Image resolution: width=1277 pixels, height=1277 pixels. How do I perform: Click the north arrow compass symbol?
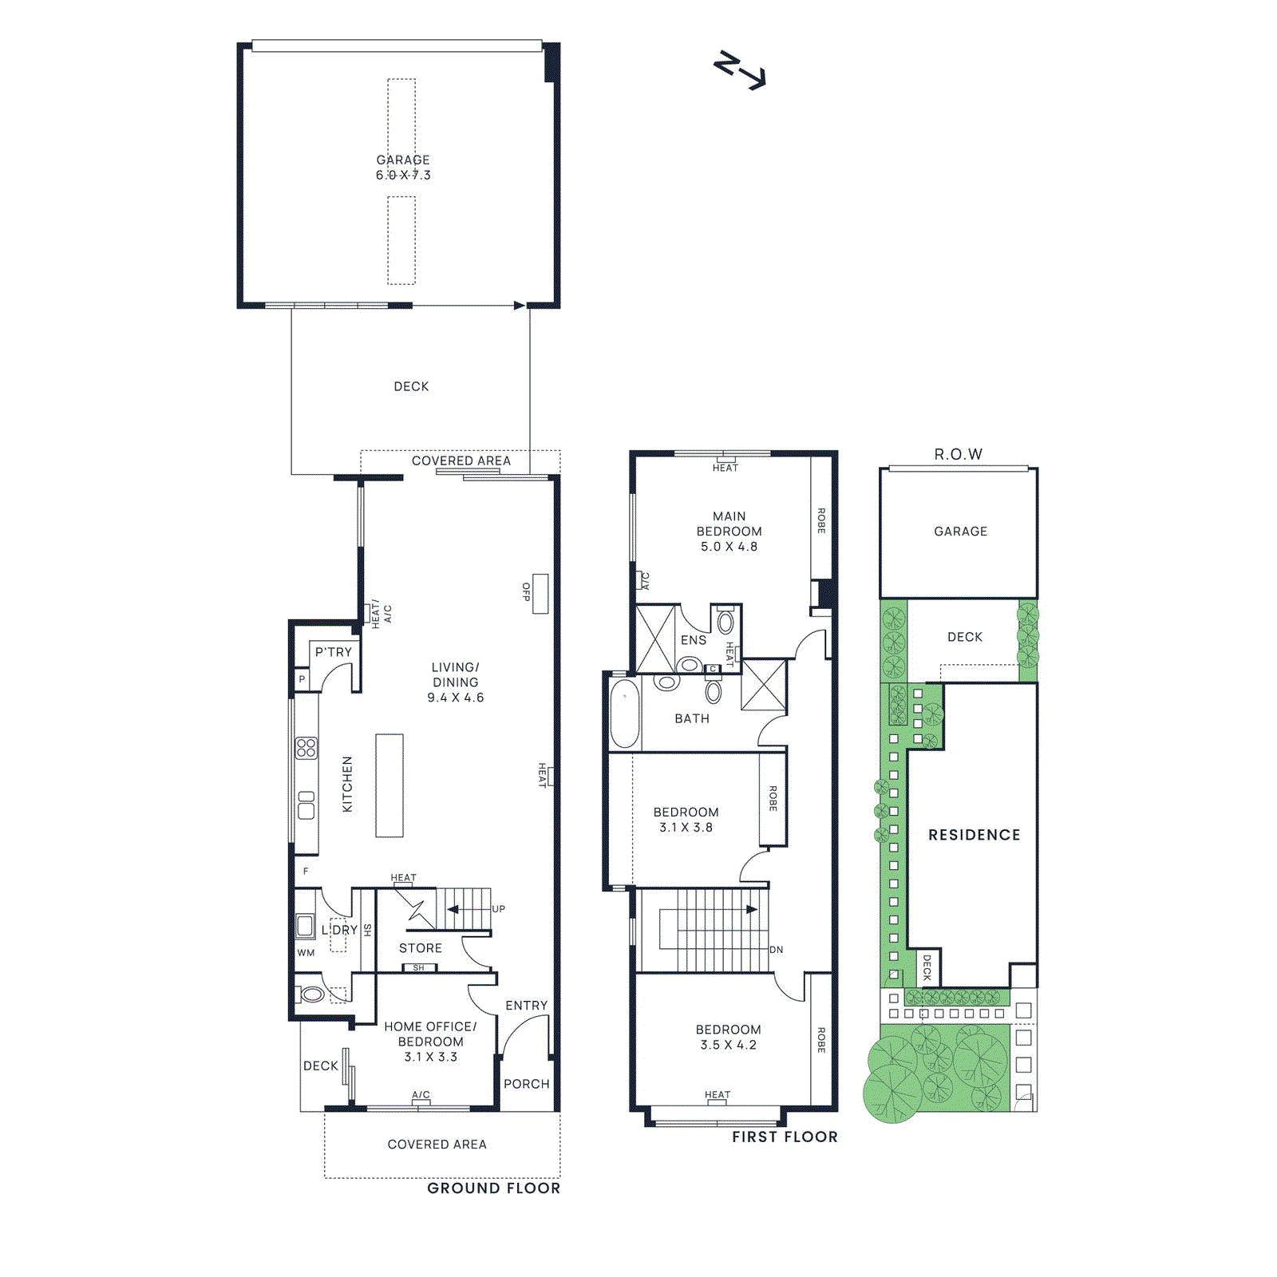click(739, 70)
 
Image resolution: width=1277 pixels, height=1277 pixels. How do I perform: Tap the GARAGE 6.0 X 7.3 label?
click(403, 168)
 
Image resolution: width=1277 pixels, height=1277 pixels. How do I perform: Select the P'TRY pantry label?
click(333, 652)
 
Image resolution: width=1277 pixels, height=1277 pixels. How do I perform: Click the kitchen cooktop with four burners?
click(306, 748)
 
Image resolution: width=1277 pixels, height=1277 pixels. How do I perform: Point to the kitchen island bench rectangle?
click(389, 785)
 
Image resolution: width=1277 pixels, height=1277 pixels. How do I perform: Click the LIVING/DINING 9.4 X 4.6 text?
click(455, 682)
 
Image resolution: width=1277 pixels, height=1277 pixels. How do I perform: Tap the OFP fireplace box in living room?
click(540, 593)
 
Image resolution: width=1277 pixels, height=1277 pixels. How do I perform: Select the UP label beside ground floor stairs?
click(499, 909)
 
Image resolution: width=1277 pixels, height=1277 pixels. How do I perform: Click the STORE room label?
click(421, 948)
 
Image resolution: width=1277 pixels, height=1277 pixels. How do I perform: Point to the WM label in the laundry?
click(306, 953)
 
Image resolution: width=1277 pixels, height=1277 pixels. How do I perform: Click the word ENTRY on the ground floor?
click(526, 1006)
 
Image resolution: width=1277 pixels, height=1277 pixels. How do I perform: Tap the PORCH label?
click(526, 1084)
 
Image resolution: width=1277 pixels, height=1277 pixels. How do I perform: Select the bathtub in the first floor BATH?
click(625, 713)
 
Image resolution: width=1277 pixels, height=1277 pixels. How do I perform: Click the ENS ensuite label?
click(693, 640)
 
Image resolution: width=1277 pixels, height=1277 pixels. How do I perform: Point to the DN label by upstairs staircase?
click(776, 950)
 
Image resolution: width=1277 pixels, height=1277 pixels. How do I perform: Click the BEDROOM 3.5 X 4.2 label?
click(728, 1038)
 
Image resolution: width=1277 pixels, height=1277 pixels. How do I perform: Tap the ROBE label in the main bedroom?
click(820, 520)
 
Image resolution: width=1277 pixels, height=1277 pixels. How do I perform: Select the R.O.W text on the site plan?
click(958, 454)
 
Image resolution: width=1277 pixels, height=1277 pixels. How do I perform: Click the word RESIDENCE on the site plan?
click(974, 835)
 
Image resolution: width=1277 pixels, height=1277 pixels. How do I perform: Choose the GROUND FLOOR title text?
click(493, 1188)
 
